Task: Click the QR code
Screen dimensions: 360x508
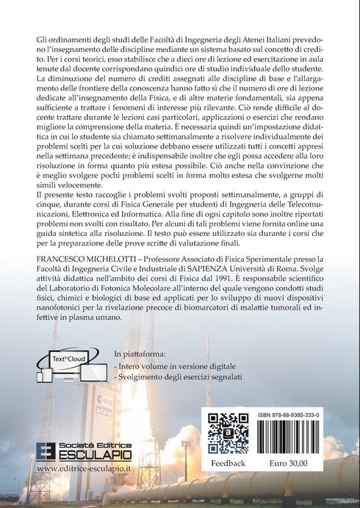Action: [x=227, y=434]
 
